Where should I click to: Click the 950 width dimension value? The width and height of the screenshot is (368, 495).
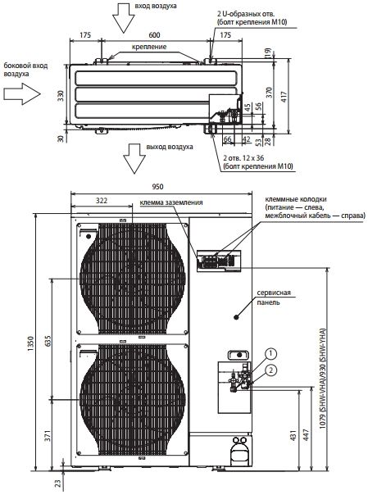point(157,187)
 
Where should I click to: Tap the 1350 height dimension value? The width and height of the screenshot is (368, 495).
point(30,345)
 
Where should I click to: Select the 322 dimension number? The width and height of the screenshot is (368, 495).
point(102,201)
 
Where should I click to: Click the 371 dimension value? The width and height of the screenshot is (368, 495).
point(48,435)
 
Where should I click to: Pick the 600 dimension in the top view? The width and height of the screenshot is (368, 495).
point(154,35)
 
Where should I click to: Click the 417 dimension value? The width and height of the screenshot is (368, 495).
point(284,97)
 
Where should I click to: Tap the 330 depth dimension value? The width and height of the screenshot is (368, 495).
point(61,96)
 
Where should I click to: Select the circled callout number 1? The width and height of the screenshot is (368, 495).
point(270,354)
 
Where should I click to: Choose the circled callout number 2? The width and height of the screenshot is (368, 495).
point(270,370)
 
